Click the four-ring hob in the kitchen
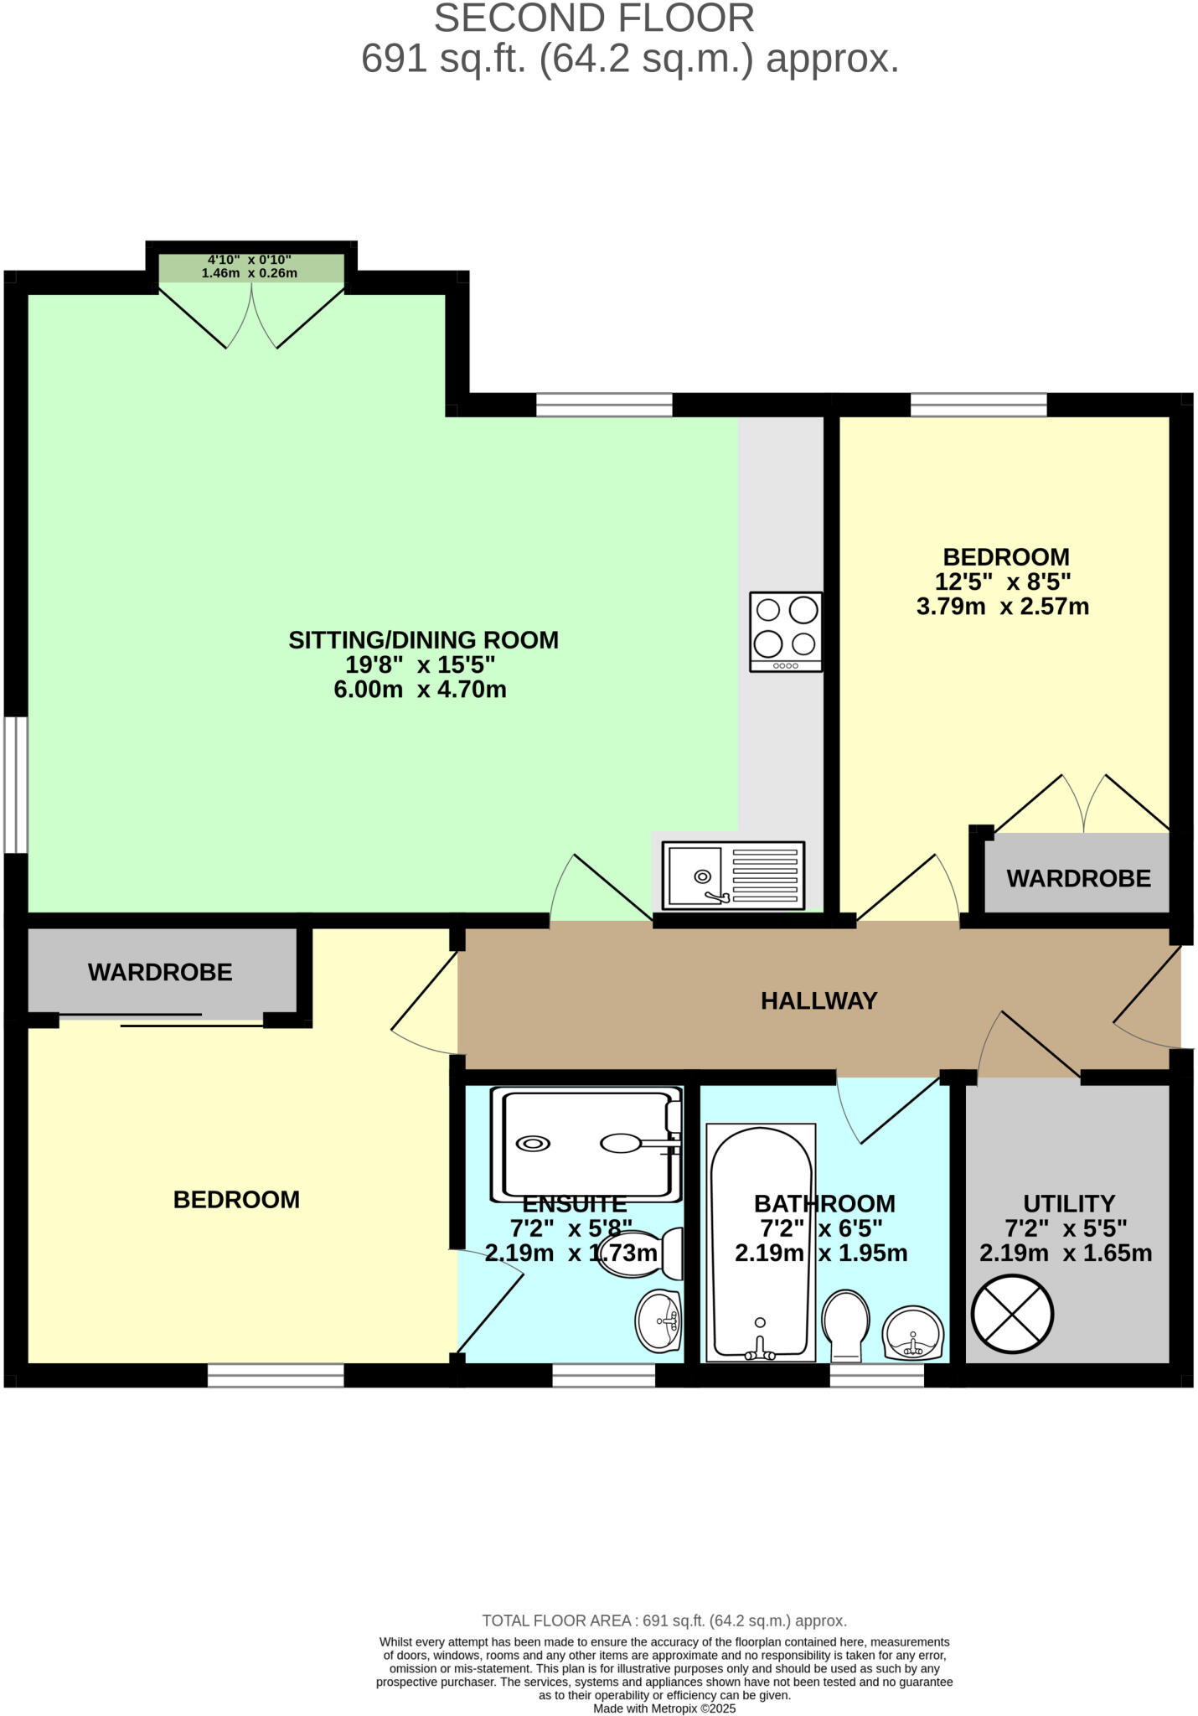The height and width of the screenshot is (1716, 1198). (785, 632)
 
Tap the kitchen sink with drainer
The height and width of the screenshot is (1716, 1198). (733, 876)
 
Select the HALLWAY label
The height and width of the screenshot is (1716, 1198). (818, 1000)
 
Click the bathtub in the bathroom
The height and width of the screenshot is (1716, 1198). (761, 1243)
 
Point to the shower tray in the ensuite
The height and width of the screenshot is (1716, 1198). (591, 1143)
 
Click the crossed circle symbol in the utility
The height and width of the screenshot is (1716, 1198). (1012, 1313)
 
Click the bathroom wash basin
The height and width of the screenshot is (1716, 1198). (913, 1332)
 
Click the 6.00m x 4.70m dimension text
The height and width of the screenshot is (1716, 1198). (420, 690)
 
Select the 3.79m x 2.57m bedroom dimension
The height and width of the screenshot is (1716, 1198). (1003, 607)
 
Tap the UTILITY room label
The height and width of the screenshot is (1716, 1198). (1069, 1204)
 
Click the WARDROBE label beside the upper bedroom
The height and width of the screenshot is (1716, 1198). (1078, 878)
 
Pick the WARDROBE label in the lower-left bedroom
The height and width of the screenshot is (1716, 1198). (160, 972)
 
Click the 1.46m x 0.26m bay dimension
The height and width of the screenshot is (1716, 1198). (250, 273)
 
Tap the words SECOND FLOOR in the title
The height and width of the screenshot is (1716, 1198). (594, 18)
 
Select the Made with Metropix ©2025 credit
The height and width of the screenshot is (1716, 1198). (664, 1708)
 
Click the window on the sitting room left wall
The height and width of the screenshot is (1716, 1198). (15, 784)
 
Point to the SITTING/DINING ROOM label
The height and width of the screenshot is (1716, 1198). (423, 640)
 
